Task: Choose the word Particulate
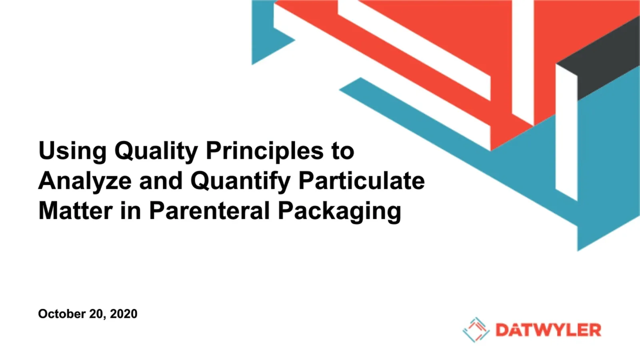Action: (x=362, y=181)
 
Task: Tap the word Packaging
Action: (x=340, y=212)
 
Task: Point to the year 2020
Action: (x=124, y=314)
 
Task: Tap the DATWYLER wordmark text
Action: (x=548, y=330)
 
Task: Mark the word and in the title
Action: (x=161, y=181)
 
